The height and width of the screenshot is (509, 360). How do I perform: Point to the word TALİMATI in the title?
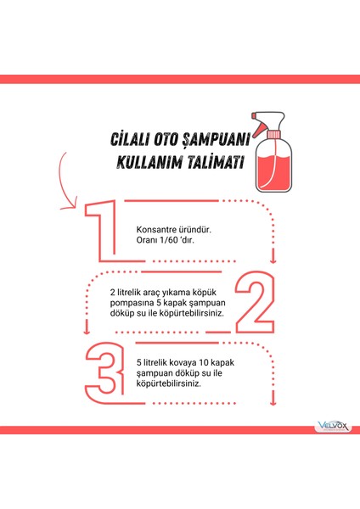(x=209, y=161)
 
